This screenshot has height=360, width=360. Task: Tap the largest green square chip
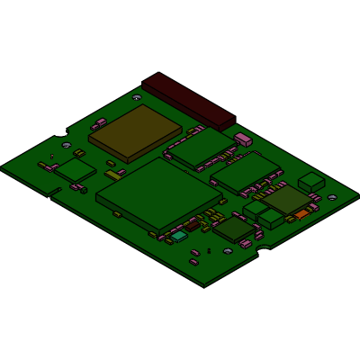tap(158, 193)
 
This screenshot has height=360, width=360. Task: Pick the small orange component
tap(301, 214)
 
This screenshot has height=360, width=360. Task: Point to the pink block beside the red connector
tap(242, 139)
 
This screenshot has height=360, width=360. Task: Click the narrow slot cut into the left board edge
tap(54, 192)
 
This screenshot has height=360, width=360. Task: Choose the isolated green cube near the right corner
tap(312, 182)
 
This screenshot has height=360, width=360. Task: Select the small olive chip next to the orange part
tap(287, 200)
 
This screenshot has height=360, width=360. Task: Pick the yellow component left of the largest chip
tap(113, 174)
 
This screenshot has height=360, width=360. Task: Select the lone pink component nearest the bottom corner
tap(194, 261)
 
